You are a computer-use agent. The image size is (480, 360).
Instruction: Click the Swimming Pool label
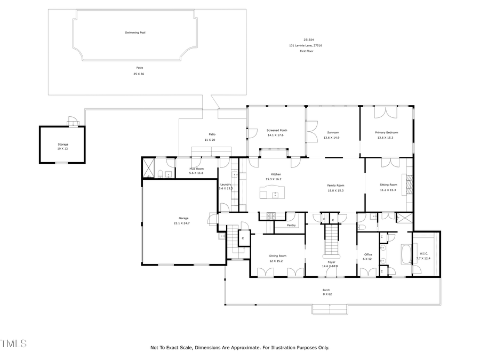click(135, 33)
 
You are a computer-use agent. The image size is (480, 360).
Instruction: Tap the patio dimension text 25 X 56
click(139, 74)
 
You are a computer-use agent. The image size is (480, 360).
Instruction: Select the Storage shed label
click(63, 145)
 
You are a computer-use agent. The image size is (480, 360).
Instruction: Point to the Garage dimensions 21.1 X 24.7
click(181, 223)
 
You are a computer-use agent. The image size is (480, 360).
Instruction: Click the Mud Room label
click(196, 169)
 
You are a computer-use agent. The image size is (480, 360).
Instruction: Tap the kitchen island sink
click(275, 195)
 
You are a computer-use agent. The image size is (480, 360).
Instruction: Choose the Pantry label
click(291, 225)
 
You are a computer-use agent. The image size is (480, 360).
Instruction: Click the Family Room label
click(335, 185)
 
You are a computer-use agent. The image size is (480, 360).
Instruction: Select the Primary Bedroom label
click(387, 132)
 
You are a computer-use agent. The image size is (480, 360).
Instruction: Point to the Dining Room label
click(277, 256)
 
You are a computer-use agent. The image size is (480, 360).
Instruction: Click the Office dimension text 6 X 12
click(367, 259)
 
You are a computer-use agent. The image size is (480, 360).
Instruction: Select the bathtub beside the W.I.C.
click(405, 254)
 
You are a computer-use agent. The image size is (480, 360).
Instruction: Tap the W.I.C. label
click(424, 253)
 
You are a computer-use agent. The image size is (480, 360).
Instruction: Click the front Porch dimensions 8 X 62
click(326, 294)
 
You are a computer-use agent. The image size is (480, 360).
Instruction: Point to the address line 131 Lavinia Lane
click(306, 45)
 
